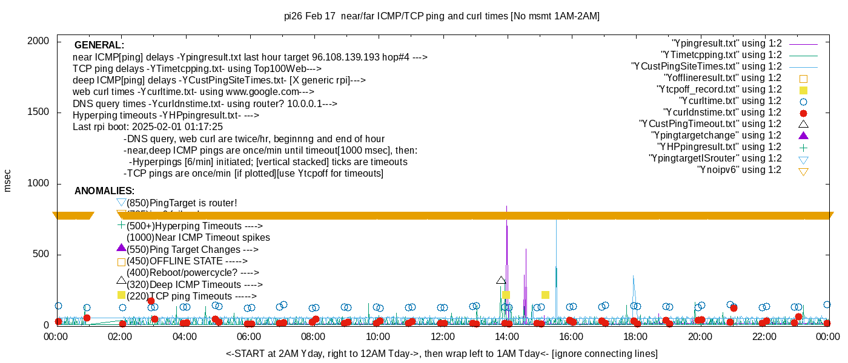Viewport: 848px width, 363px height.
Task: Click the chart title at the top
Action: (x=442, y=16)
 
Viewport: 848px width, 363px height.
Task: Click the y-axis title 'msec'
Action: (x=8, y=180)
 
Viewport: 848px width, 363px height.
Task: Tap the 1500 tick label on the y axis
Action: (x=39, y=113)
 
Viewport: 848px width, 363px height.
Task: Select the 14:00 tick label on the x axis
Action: (x=506, y=336)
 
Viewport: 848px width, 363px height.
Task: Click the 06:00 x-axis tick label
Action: (x=249, y=336)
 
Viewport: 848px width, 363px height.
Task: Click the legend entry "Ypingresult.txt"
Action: (x=726, y=44)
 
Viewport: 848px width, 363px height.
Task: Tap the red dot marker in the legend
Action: (x=803, y=113)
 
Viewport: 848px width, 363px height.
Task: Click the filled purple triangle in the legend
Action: (x=803, y=135)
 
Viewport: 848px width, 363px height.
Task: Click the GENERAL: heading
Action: (x=99, y=45)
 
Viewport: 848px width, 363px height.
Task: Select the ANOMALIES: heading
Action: (x=104, y=191)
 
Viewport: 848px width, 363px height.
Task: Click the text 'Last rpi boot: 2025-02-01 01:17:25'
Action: (x=148, y=127)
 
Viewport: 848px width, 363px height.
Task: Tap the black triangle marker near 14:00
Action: (x=501, y=280)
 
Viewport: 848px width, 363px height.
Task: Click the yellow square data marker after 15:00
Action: (x=545, y=295)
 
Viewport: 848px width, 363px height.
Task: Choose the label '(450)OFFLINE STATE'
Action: (x=187, y=261)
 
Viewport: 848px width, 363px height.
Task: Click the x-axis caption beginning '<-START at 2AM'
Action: (x=442, y=353)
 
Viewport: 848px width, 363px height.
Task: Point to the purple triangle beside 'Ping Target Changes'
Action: (x=121, y=247)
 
